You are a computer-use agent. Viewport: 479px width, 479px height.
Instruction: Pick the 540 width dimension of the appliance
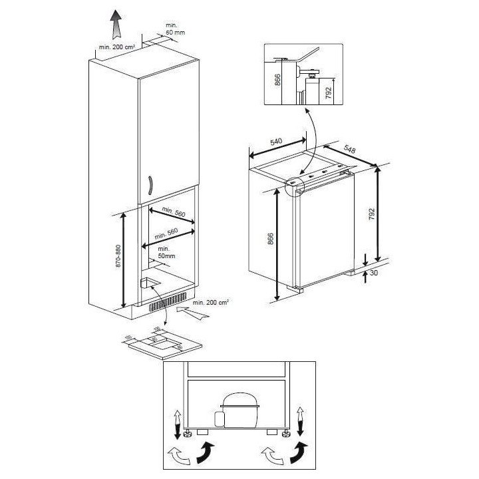pyautogui.click(x=277, y=141)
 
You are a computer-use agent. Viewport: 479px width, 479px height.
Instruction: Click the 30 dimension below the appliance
pyautogui.click(x=375, y=273)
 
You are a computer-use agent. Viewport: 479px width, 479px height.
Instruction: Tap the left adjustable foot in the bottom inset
pyautogui.click(x=188, y=433)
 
